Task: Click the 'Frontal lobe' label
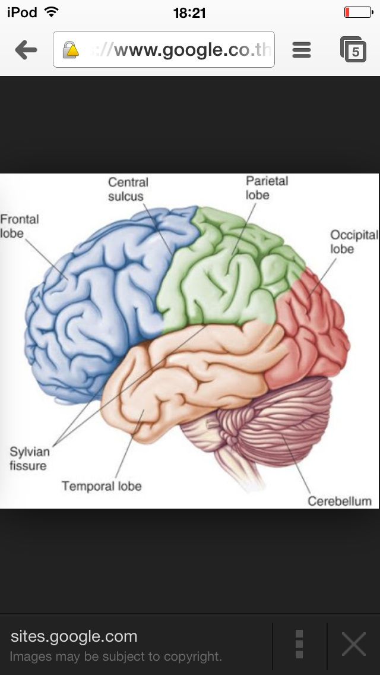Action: tap(19, 226)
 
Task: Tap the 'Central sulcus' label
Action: tap(128, 189)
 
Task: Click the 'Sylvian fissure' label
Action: tap(28, 459)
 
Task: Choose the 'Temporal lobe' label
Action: tap(102, 486)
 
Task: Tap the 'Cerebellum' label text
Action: tap(339, 501)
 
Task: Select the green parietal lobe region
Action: tap(226, 273)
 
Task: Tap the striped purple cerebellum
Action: tap(279, 416)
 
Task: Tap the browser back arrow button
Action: tap(26, 50)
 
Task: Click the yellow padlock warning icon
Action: tap(71, 50)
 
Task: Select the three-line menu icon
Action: tap(302, 50)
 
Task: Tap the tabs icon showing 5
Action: tap(353, 50)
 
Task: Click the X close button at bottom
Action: tap(354, 644)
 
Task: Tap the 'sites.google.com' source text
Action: tap(74, 636)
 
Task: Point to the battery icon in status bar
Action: tap(357, 12)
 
